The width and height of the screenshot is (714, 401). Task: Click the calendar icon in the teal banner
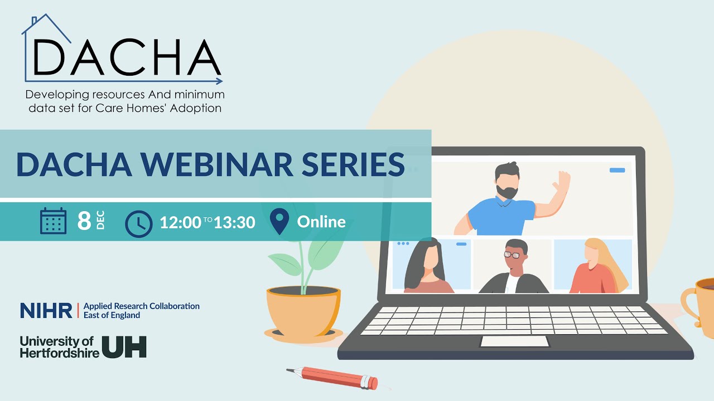click(x=53, y=221)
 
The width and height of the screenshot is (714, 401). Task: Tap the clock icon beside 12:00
click(x=138, y=223)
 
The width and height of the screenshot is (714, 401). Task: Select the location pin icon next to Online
click(x=279, y=221)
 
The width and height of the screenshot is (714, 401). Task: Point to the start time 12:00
click(x=180, y=222)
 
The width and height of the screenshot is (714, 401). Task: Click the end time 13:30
click(x=234, y=222)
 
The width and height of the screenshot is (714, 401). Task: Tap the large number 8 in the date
click(x=84, y=221)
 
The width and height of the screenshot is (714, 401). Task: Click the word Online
click(x=321, y=222)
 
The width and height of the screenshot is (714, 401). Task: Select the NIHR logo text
click(x=46, y=311)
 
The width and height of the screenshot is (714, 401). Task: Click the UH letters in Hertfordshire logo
click(x=124, y=346)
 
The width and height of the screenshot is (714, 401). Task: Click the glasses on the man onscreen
click(x=512, y=255)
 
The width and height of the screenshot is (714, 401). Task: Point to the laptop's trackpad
click(x=514, y=341)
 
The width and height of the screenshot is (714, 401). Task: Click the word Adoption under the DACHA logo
click(x=196, y=108)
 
